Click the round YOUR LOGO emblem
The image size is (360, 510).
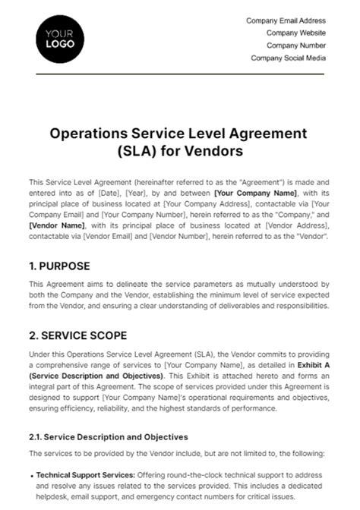[x=57, y=39]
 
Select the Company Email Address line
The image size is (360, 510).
[x=286, y=20]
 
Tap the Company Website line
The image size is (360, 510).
[x=296, y=33]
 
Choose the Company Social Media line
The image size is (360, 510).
[x=288, y=58]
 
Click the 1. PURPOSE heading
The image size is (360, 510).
[x=59, y=266]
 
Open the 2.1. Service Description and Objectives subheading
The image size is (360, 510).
[x=108, y=437]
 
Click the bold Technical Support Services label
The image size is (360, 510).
[x=79, y=474]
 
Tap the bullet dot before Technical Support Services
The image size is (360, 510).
[x=31, y=474]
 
